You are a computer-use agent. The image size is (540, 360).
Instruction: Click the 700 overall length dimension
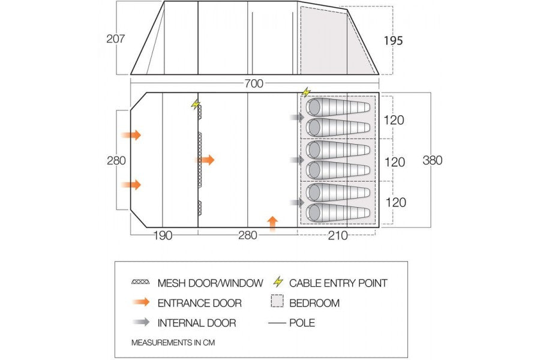click(254, 84)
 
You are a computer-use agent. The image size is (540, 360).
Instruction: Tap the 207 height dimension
click(115, 39)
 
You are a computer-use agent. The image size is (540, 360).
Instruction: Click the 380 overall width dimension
click(432, 160)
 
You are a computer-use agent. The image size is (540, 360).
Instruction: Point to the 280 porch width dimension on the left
click(116, 160)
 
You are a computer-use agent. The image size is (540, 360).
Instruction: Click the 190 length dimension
click(162, 235)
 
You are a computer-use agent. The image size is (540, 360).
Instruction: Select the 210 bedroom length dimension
click(338, 235)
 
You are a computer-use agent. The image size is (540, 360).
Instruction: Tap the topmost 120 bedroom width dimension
click(394, 119)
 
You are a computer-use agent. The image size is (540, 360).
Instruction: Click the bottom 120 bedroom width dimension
click(394, 202)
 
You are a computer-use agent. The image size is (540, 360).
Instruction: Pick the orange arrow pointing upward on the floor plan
click(273, 223)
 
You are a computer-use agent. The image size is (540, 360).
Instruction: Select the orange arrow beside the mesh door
click(205, 160)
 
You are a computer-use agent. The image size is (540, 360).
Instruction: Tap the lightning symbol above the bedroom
click(307, 92)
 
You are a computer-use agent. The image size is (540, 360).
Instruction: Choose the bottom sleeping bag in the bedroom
click(338, 212)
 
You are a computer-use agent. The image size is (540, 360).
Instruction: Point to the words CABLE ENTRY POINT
click(338, 283)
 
